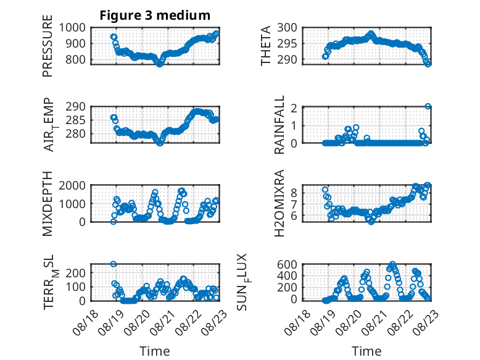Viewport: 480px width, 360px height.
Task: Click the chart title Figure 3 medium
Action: [x=155, y=15]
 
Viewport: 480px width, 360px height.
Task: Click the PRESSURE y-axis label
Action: [x=48, y=46]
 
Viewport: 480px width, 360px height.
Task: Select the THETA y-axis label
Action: [x=266, y=46]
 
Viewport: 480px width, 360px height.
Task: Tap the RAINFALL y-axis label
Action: [x=279, y=125]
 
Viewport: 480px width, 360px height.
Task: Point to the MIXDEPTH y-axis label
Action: [x=48, y=204]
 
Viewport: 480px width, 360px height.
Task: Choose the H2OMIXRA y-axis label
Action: [x=279, y=203]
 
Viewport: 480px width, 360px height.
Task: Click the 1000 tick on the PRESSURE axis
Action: [x=72, y=28]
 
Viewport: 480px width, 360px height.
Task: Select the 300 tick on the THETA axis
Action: [x=287, y=28]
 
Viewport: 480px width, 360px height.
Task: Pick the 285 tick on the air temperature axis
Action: [x=76, y=120]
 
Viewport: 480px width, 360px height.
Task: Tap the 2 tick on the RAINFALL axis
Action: [x=294, y=108]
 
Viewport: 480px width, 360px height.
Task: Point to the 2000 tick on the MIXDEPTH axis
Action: [x=72, y=185]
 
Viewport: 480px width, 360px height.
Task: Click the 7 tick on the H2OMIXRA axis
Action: [x=294, y=204]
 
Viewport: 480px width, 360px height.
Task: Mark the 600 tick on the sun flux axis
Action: [x=287, y=264]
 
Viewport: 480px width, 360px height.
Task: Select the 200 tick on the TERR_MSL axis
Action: [x=76, y=273]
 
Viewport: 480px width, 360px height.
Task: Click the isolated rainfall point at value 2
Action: [x=428, y=106]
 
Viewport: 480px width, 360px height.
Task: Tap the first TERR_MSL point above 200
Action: [x=114, y=264]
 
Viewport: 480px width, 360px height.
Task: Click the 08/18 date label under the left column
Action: [x=85, y=323]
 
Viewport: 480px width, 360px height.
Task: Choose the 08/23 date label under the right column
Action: [x=426, y=323]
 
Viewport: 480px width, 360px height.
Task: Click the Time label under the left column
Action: [x=155, y=351]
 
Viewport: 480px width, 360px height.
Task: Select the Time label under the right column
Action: [x=366, y=351]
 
